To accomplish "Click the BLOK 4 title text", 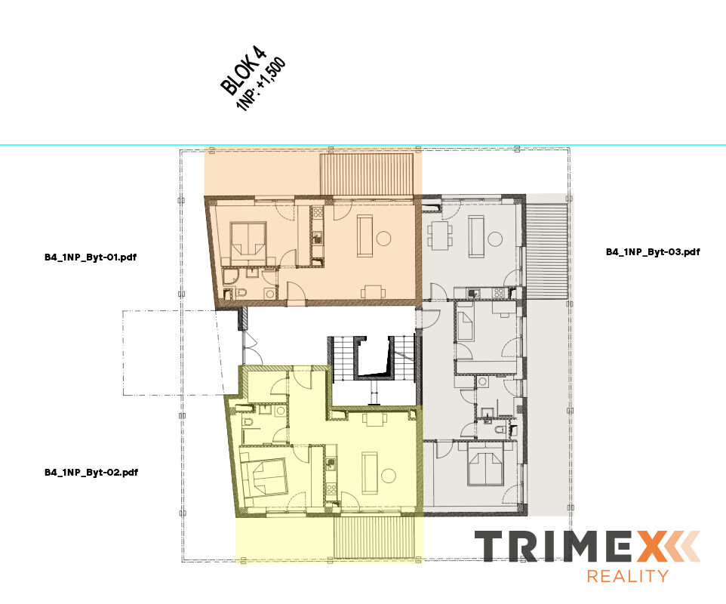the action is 243,69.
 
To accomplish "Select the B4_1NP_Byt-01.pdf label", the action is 91,257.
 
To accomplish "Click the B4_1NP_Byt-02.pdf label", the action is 91,473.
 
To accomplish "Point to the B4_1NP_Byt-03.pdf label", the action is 653,252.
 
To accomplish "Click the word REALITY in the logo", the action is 628,576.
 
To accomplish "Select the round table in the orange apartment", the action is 383,238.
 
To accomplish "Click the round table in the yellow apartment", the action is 388,476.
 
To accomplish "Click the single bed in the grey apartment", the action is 464,324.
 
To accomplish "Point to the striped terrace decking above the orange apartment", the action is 367,174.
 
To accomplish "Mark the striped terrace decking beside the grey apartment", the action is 547,252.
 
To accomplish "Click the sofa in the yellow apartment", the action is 370,473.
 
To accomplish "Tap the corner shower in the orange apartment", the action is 230,276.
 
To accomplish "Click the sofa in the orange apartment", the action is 365,236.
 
